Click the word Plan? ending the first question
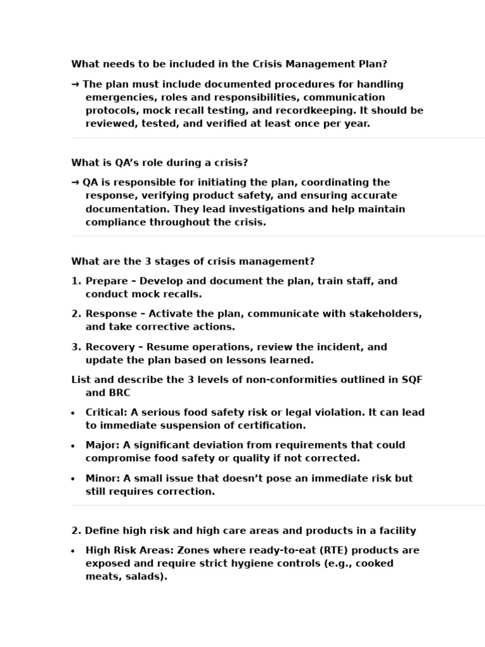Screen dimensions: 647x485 [372, 64]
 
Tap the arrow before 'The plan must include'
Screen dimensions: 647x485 [75, 84]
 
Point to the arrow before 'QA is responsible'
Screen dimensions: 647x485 [75, 183]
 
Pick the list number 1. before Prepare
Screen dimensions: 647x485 [76, 281]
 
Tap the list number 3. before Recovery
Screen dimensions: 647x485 [76, 347]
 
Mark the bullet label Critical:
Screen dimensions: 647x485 [106, 413]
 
